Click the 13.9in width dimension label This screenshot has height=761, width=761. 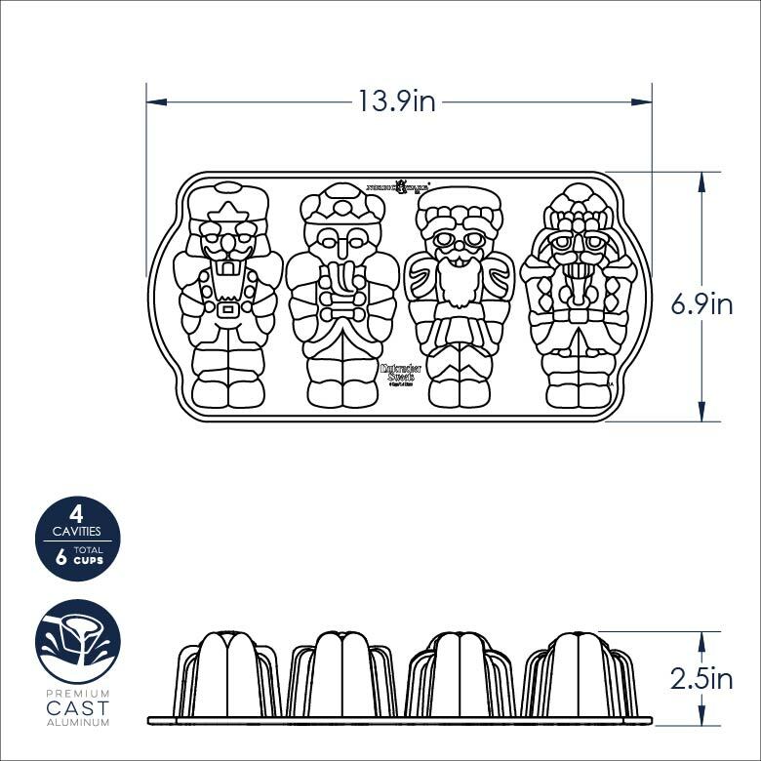click(x=396, y=101)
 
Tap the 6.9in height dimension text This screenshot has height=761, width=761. click(x=701, y=304)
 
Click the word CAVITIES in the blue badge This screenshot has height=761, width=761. click(x=77, y=531)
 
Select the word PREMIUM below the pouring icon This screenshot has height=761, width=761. click(x=78, y=693)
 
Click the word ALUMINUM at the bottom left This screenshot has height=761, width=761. click(x=78, y=722)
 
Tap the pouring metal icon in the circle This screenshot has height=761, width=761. click(x=78, y=642)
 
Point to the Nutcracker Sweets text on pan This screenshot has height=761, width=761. click(x=397, y=375)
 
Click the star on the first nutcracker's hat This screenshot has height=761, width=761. click(x=228, y=212)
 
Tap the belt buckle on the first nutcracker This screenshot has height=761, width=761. click(x=228, y=310)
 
